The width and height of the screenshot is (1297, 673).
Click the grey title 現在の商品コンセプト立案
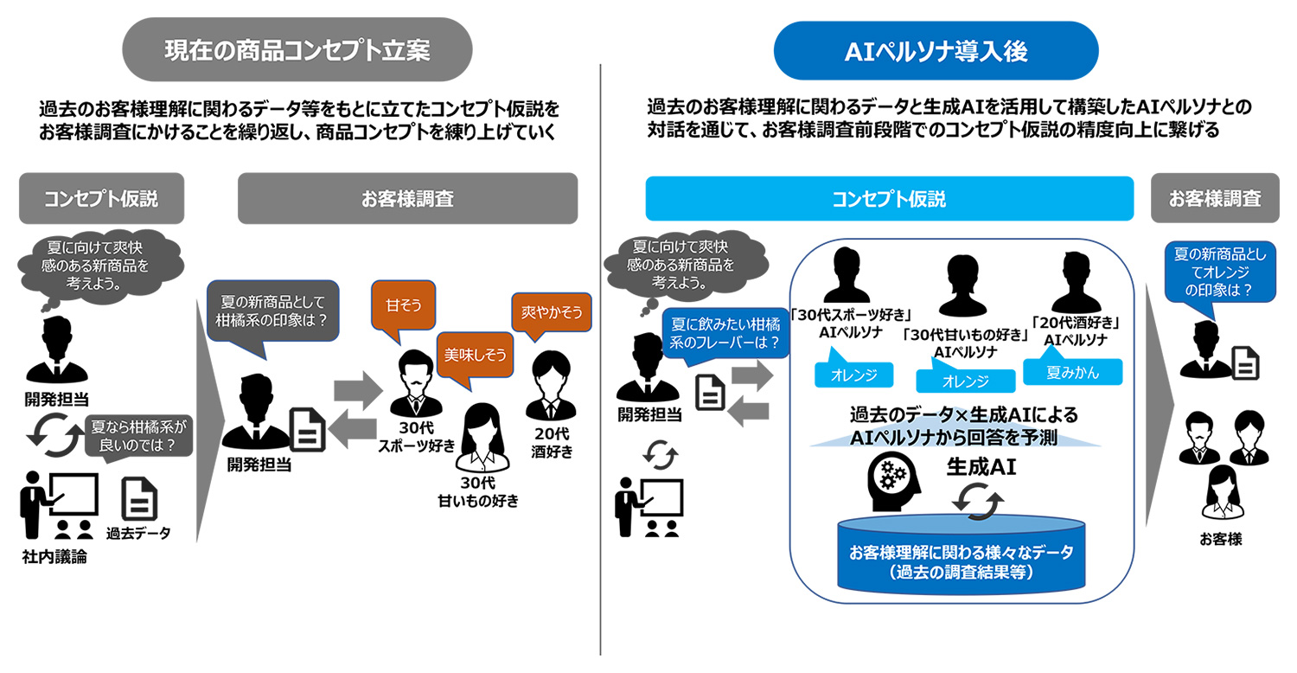click(x=297, y=50)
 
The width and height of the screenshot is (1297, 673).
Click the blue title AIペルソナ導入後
click(x=936, y=50)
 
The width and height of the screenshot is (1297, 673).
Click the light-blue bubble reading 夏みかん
click(x=1072, y=371)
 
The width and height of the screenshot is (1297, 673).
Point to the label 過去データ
click(x=138, y=533)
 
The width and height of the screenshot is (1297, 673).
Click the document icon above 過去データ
click(x=139, y=500)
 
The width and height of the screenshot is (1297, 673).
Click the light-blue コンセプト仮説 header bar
click(x=889, y=199)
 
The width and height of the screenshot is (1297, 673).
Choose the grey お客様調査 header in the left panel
click(x=407, y=199)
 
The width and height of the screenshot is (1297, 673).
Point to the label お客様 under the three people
click(x=1220, y=539)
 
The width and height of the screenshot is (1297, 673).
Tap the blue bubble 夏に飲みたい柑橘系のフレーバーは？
click(x=726, y=334)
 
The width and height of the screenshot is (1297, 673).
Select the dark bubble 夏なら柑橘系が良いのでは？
click(x=140, y=435)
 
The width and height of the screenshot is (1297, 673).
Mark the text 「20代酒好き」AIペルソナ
click(x=1076, y=330)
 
